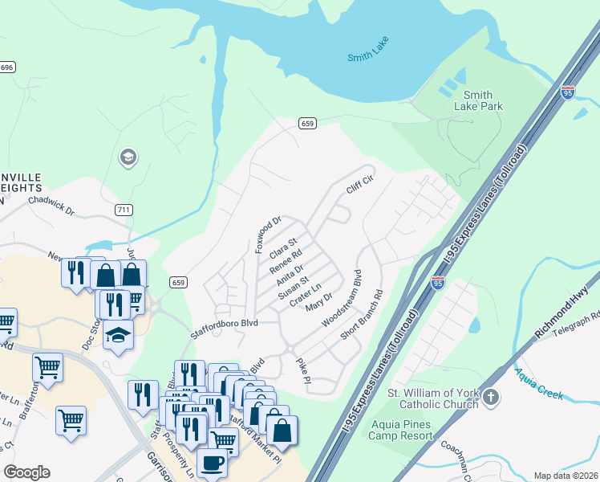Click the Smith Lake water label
[368, 57]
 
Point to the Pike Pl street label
[302, 370]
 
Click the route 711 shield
[123, 210]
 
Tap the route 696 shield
[7, 67]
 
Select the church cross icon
[491, 398]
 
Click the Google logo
[26, 472]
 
